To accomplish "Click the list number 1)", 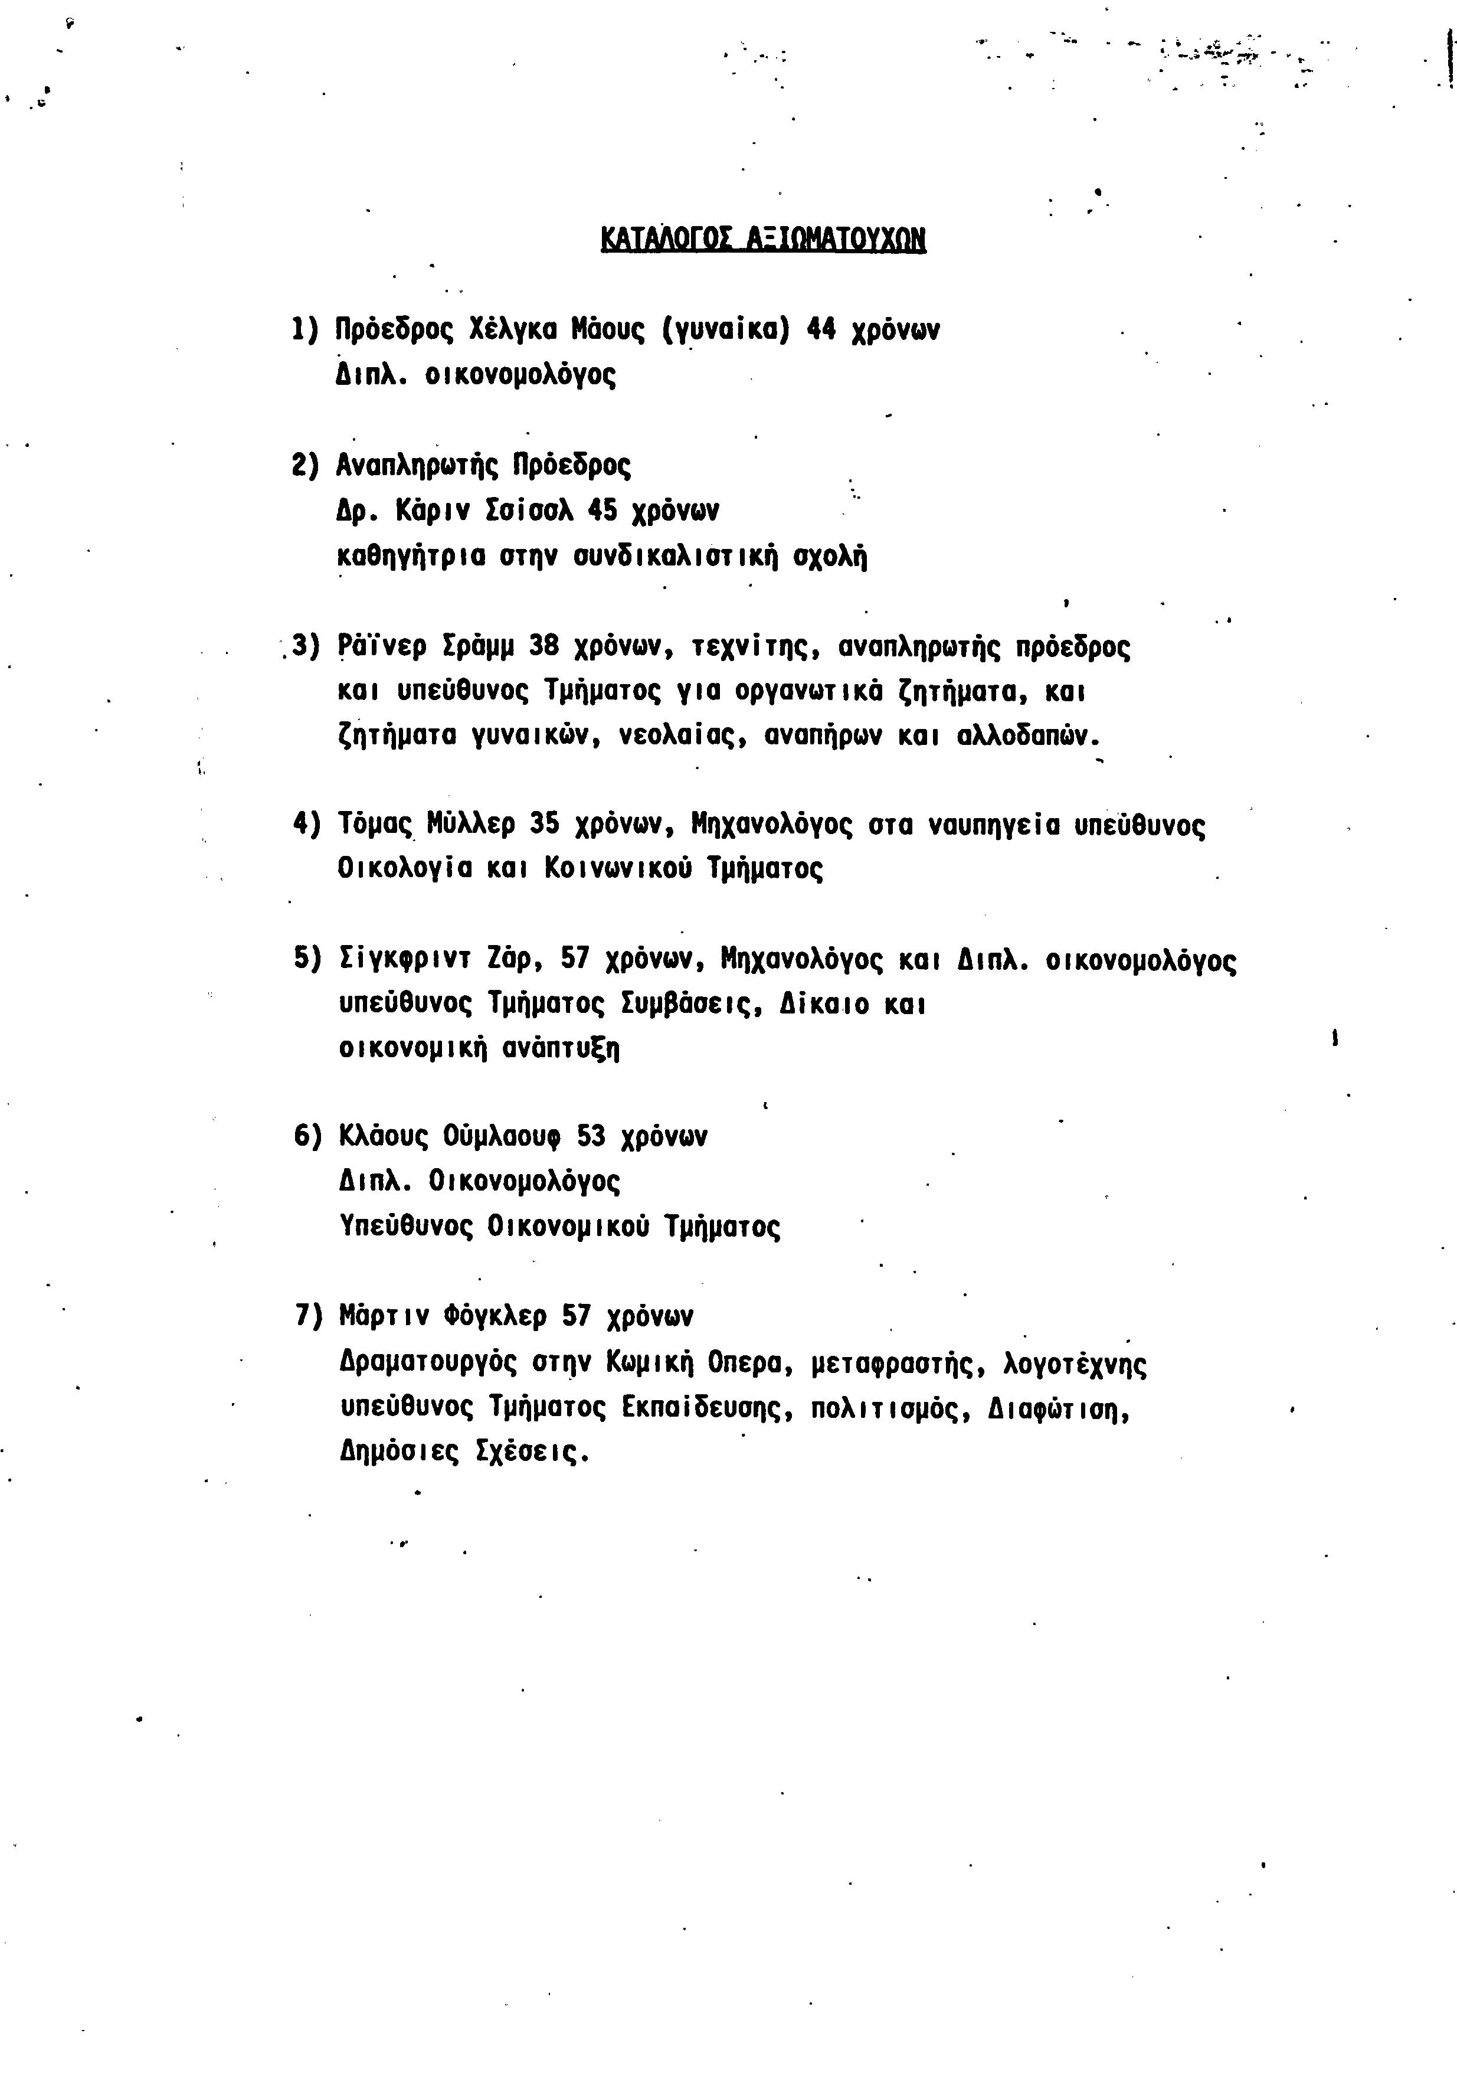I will (x=306, y=329).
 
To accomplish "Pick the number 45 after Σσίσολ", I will (x=603, y=511).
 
